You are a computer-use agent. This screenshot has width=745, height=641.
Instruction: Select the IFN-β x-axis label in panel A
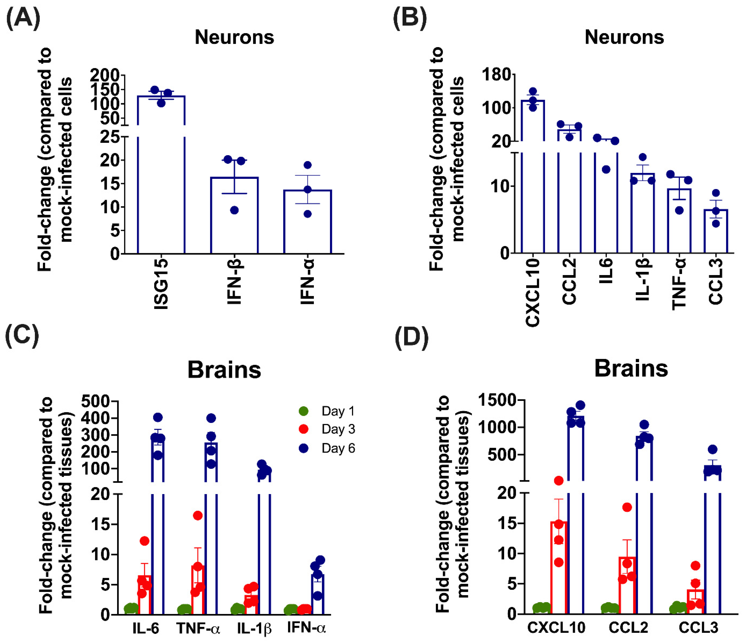point(234,282)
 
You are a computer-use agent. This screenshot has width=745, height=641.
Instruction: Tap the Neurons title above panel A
point(234,37)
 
